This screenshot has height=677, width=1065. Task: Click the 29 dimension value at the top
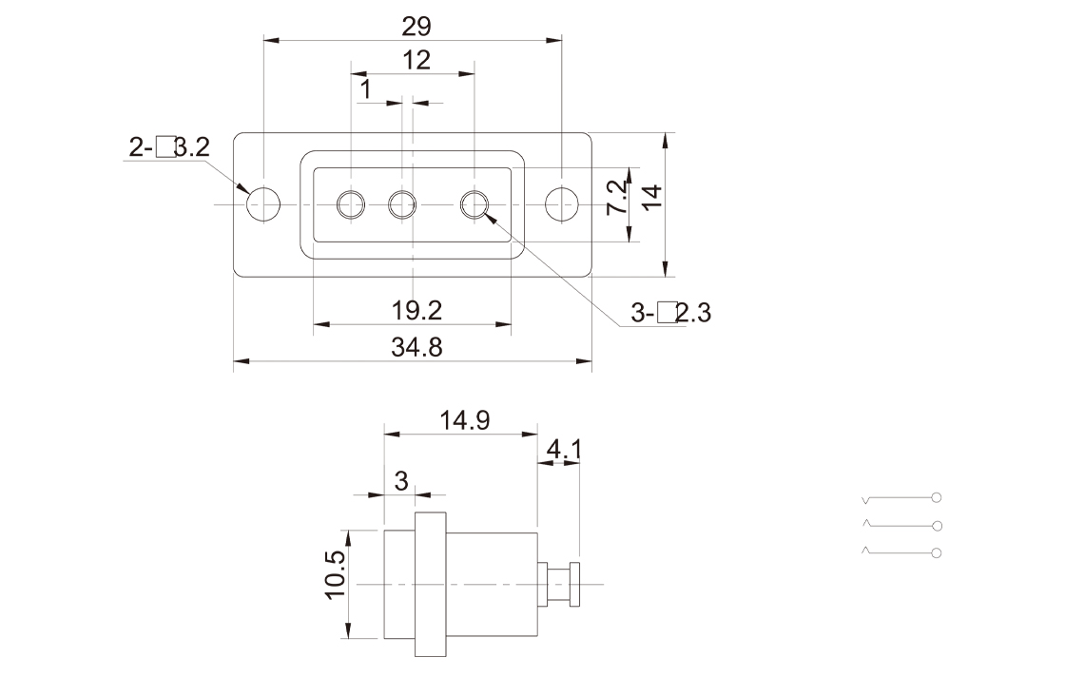tap(416, 27)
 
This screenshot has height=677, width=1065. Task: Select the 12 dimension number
tap(416, 61)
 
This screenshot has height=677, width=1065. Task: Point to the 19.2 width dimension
tap(416, 310)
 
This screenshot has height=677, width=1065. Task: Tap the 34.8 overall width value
tap(416, 347)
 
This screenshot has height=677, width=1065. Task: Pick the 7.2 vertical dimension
tap(616, 198)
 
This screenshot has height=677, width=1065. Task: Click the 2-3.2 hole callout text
tap(169, 147)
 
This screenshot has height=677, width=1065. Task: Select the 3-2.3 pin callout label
tap(671, 313)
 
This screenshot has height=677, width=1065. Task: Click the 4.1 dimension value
tap(564, 448)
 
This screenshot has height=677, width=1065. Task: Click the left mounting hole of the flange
tap(263, 203)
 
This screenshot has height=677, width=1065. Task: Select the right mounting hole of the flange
tap(562, 203)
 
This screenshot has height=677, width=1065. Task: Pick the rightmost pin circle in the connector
tap(474, 203)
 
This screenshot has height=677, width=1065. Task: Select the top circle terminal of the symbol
tap(938, 497)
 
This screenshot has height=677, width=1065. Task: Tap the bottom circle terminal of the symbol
tap(938, 553)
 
